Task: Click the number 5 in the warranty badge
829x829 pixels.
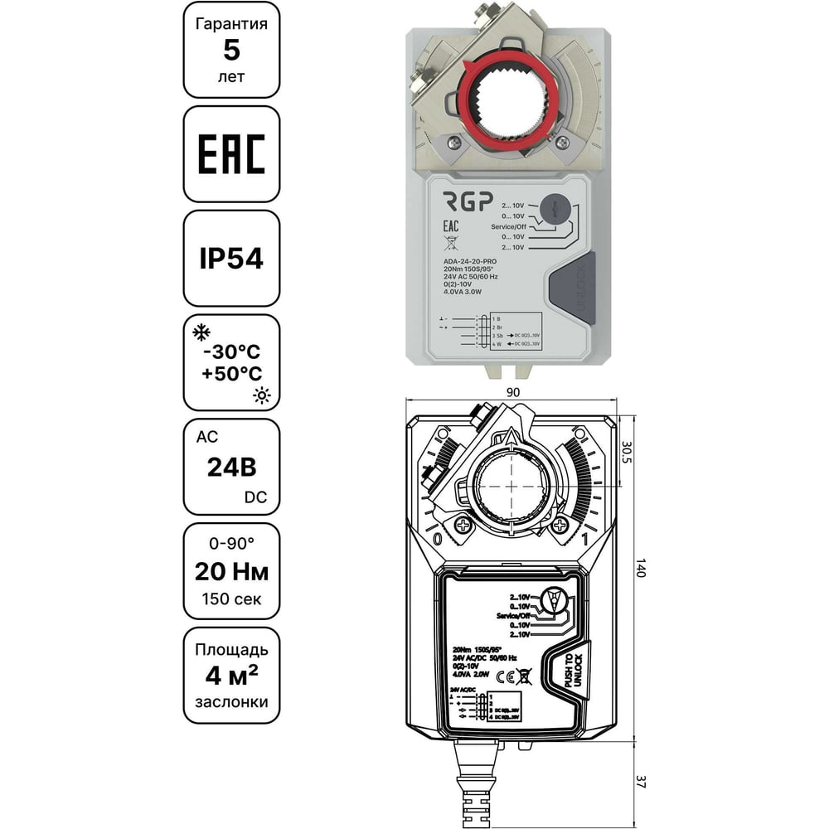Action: click(x=231, y=50)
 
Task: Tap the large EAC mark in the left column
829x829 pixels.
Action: click(x=231, y=154)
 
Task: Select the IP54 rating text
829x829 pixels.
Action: click(x=231, y=259)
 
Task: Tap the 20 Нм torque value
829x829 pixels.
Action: click(x=231, y=571)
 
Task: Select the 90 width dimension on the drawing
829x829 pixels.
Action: click(x=513, y=391)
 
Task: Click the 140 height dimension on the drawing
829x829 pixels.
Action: click(x=639, y=570)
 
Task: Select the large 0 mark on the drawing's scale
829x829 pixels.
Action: click(x=437, y=538)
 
